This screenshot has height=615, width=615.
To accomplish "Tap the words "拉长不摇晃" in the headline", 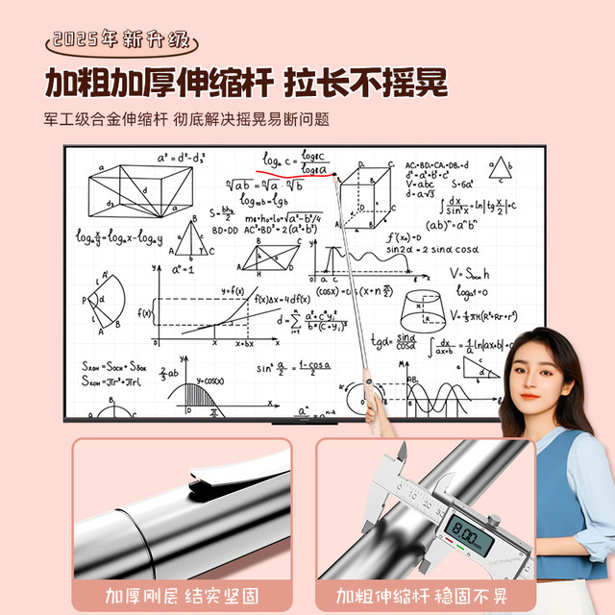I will pos(366,83).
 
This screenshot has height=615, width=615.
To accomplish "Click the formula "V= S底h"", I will pos(470,272).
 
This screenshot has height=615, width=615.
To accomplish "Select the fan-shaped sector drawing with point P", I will pos(113,299).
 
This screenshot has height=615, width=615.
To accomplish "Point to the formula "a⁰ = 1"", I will pos(184,270).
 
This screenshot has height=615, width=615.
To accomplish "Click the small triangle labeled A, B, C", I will pos(498,169).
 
